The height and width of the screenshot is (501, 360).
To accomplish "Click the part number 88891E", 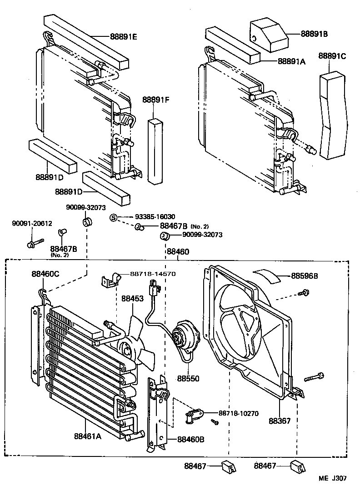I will [123, 37].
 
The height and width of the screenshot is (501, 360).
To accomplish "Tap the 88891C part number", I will [332, 56].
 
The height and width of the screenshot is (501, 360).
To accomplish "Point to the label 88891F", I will [155, 100].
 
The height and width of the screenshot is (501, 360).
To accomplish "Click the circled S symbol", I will [114, 217].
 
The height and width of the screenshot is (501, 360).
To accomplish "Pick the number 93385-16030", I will [155, 217].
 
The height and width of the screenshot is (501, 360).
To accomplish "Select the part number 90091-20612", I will [32, 224].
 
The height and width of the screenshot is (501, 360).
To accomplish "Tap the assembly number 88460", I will [178, 251].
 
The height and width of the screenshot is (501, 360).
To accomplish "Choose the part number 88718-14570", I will [153, 274].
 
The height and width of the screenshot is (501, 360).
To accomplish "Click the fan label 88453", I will [132, 298].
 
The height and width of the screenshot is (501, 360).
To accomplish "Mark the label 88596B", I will [304, 276].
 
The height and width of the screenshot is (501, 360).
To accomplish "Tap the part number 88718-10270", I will [238, 413].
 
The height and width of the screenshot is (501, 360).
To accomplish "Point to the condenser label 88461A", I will [88, 436].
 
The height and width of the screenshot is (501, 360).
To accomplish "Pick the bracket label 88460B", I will [190, 439].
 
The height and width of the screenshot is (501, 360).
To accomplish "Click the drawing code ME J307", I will [333, 478].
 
